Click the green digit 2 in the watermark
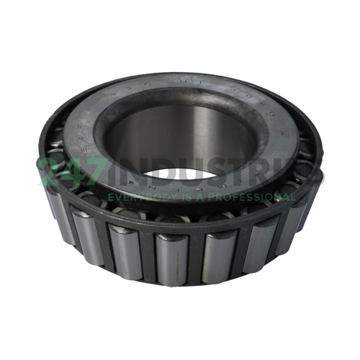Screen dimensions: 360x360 click(x=51, y=172)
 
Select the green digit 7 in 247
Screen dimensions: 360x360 click(x=102, y=172)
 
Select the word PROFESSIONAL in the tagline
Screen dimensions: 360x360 click(x=249, y=196)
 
